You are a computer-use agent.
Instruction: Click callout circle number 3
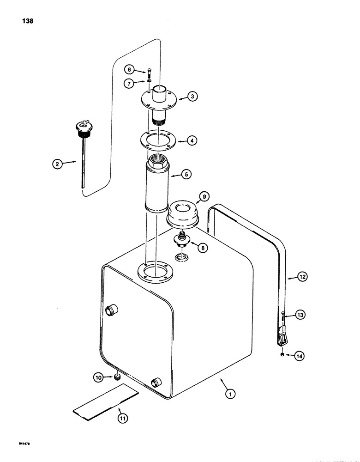(x=192, y=97)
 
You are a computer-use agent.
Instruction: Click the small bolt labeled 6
(x=149, y=72)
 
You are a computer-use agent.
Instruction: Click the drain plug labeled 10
(x=117, y=377)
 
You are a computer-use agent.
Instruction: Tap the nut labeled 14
(x=282, y=355)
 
